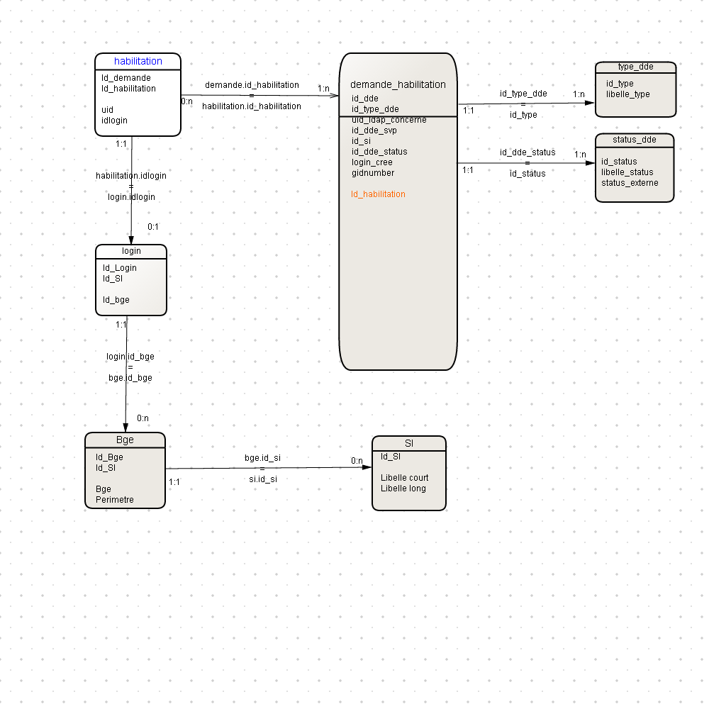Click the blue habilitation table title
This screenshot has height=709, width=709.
tap(138, 61)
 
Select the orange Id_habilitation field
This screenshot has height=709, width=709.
tap(378, 194)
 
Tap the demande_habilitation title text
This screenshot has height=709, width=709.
tap(398, 84)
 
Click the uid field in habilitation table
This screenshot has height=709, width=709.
tap(107, 110)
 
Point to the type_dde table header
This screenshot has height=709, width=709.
tap(636, 67)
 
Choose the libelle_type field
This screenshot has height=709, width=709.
tap(628, 94)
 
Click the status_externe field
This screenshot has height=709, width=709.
tap(630, 183)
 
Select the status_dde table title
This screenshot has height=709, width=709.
tap(635, 140)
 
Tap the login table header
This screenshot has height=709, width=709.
tap(131, 251)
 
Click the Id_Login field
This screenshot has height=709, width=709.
tap(119, 268)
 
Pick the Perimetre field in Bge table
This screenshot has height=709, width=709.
tap(115, 500)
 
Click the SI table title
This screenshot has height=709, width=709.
tap(409, 444)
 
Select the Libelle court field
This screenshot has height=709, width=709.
tap(404, 477)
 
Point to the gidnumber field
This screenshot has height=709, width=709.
tap(373, 173)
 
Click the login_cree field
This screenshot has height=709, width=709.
tap(372, 162)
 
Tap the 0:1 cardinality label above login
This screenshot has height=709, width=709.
tap(153, 227)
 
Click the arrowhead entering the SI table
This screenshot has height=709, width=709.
tap(367, 467)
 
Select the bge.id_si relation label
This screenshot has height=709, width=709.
tap(263, 457)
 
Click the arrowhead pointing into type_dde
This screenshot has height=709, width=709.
tap(589, 103)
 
